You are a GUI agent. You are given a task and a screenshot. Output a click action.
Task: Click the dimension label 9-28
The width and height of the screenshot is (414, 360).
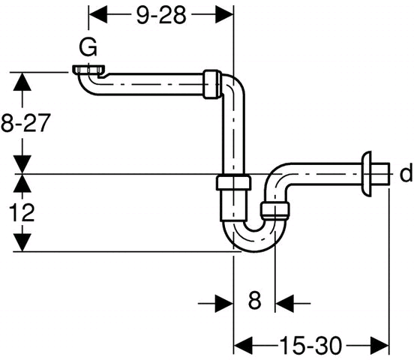click(161, 15)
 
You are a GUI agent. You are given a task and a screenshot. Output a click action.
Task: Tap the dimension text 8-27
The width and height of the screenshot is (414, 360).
click(25, 123)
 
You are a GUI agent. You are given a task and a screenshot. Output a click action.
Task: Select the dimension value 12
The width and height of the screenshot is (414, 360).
click(22, 212)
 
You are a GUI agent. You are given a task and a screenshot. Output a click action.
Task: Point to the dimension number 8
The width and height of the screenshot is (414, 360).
click(254, 300)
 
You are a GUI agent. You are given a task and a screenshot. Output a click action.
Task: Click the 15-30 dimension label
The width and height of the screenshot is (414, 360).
click(310, 346)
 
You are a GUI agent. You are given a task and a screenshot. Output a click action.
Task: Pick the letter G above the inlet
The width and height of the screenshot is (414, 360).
click(88, 47)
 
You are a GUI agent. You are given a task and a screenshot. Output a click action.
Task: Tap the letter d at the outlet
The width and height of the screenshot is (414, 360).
click(406, 173)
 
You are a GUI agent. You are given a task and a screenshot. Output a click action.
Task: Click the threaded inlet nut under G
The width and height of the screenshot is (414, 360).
click(88, 70)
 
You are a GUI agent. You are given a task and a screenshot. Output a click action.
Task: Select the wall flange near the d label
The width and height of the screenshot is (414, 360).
click(367, 174)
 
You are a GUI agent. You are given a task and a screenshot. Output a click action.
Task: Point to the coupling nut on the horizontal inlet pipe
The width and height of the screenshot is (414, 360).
click(212, 85)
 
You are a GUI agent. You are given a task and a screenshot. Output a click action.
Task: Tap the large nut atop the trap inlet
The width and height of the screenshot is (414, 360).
click(232, 182)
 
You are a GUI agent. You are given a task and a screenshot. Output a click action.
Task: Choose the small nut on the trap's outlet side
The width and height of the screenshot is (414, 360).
click(274, 211)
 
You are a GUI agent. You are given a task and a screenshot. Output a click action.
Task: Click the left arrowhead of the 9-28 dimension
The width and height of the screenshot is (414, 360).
click(97, 15)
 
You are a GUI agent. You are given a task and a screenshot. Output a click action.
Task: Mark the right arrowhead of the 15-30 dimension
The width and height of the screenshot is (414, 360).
click(379, 346)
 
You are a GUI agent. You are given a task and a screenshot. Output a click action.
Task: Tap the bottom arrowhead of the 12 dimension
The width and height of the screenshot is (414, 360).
click(22, 242)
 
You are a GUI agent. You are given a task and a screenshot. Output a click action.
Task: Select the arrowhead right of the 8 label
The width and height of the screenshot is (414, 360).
click(284, 304)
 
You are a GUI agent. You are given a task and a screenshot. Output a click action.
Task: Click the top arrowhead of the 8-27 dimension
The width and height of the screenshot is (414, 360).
click(22, 81)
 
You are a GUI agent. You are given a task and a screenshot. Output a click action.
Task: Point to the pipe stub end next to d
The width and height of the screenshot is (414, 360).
click(380, 173)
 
